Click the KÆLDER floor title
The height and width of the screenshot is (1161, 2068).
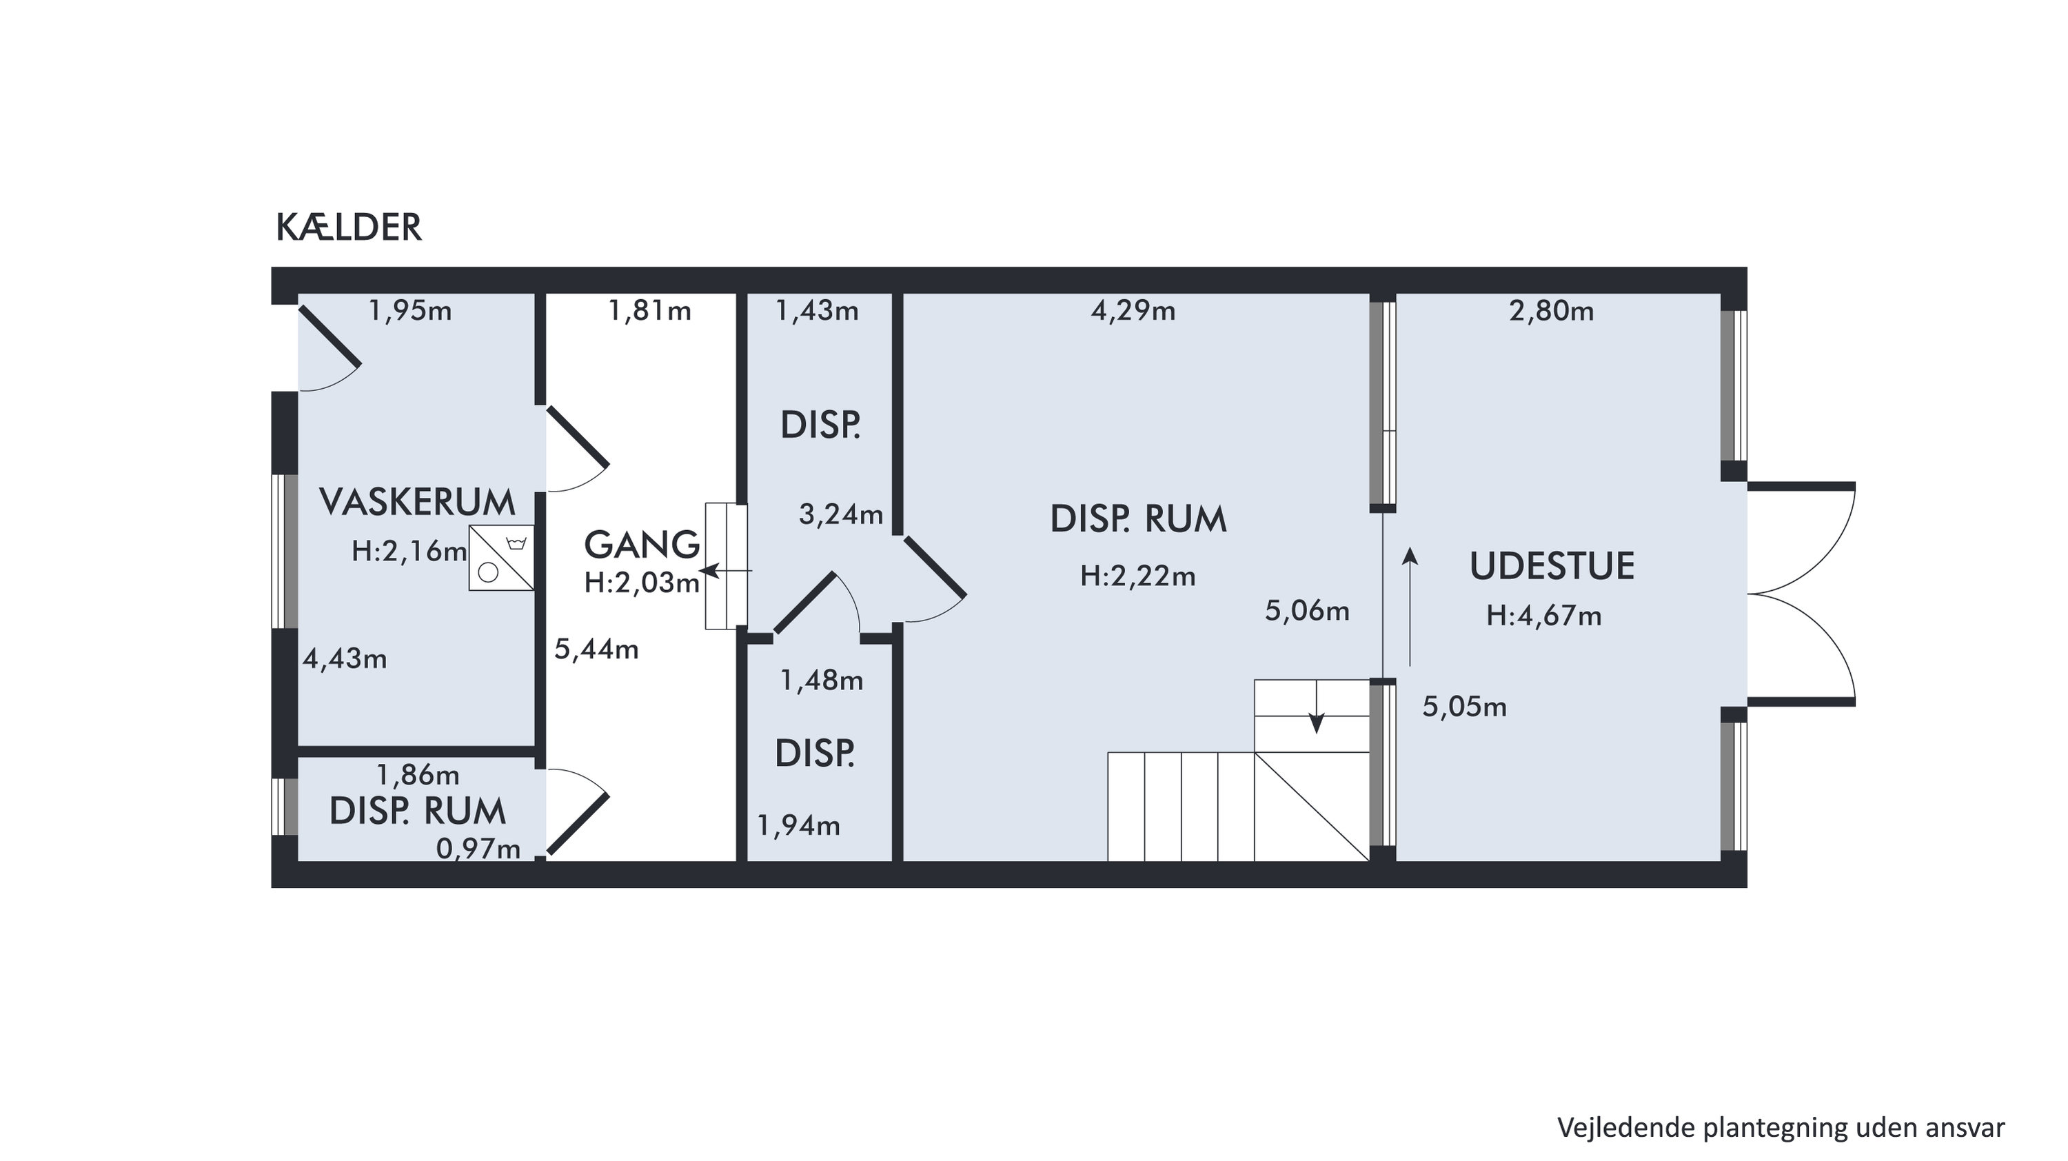pyautogui.click(x=348, y=228)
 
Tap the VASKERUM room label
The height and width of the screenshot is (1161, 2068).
pyautogui.click(x=418, y=502)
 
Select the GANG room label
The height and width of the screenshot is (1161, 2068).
pyautogui.click(x=642, y=545)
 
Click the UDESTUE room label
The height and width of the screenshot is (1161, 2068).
pyautogui.click(x=1552, y=566)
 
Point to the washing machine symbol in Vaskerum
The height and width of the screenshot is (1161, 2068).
pyautogui.click(x=502, y=558)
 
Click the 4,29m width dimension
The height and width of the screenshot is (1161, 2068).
pyautogui.click(x=1133, y=311)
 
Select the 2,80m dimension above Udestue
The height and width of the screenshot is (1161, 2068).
pyautogui.click(x=1551, y=311)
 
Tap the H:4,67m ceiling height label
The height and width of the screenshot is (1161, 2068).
pyautogui.click(x=1544, y=616)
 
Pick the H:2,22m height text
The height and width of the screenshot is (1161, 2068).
pyautogui.click(x=1137, y=576)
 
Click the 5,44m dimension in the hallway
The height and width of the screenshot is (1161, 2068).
pyautogui.click(x=596, y=649)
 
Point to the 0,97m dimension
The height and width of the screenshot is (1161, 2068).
pyautogui.click(x=478, y=849)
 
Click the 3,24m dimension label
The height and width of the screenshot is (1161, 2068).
pyautogui.click(x=840, y=514)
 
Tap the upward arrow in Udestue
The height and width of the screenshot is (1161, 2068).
pyautogui.click(x=1410, y=607)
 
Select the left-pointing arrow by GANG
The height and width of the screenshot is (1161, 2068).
pyautogui.click(x=726, y=571)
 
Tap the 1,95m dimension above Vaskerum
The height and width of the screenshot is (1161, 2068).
pyautogui.click(x=410, y=311)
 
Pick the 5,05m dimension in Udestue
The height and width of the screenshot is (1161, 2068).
pyautogui.click(x=1464, y=707)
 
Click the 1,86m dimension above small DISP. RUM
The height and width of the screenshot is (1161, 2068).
pyautogui.click(x=418, y=775)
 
